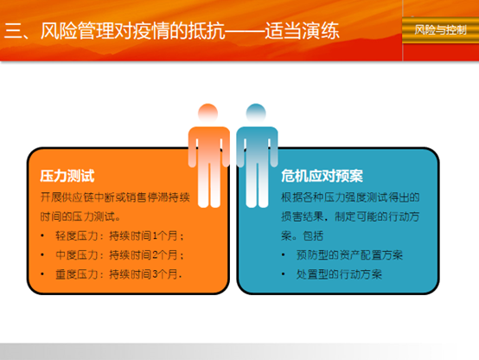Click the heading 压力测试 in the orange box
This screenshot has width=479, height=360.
pos(67,177)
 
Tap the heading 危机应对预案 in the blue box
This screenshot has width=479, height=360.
pos(322,177)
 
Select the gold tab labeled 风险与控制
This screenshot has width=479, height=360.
pos(440,30)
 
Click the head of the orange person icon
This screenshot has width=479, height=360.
pos(208,113)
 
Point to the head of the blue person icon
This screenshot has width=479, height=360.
pos(256,113)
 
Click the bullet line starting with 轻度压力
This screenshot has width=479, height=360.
pos(119,236)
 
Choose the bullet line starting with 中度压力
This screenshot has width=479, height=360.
pos(119,255)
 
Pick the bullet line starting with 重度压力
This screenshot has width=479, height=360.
pos(118,274)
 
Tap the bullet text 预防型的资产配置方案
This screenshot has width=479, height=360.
pos(349,255)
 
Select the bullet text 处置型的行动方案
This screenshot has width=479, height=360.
pos(339,274)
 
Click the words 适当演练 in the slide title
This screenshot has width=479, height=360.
pos(302,31)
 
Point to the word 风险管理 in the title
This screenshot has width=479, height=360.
pos(77,31)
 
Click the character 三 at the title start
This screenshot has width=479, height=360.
pos(12,31)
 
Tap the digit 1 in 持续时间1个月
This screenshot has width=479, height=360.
pos(155,236)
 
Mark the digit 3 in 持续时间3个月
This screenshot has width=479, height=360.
pos(155,274)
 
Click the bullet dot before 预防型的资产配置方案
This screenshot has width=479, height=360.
pos(284,255)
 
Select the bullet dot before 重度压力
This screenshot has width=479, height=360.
pos(42,274)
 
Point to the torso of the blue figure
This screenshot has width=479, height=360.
pos(257,144)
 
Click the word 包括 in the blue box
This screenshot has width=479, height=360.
pos(313,236)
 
